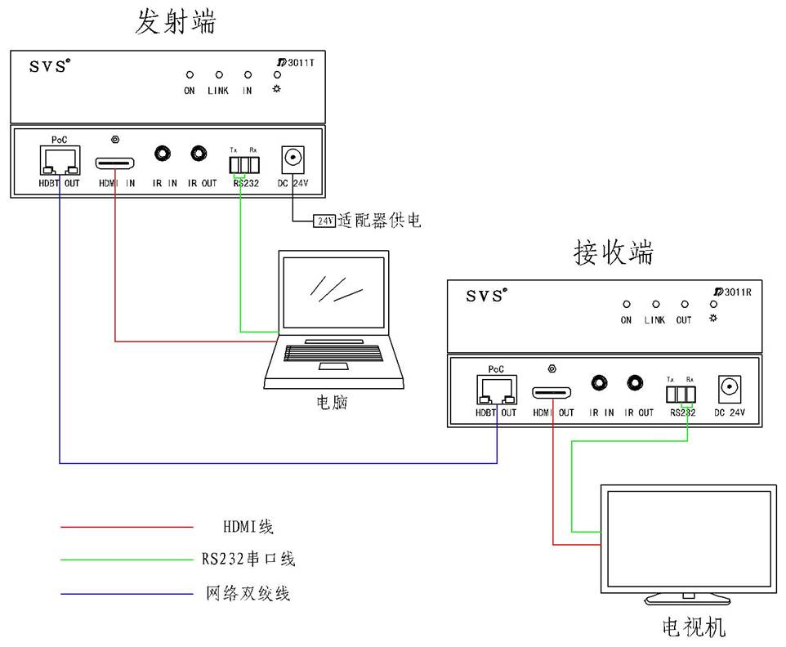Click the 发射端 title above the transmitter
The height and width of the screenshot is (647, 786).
pyautogui.click(x=175, y=21)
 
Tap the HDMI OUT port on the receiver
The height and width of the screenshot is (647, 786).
pyautogui.click(x=553, y=393)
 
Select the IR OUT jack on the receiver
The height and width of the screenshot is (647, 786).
pyautogui.click(x=636, y=382)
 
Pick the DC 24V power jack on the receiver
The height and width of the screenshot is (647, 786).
pyautogui.click(x=729, y=386)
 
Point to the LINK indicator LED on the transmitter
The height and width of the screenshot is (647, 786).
pyautogui.click(x=219, y=74)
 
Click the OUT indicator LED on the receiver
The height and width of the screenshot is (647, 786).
pyautogui.click(x=684, y=304)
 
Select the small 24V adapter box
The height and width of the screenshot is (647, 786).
pyautogui.click(x=324, y=221)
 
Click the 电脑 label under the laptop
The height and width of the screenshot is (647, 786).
pyautogui.click(x=332, y=402)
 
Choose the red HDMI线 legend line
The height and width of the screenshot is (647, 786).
pyautogui.click(x=127, y=527)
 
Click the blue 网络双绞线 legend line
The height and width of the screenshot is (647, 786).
pyautogui.click(x=127, y=593)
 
